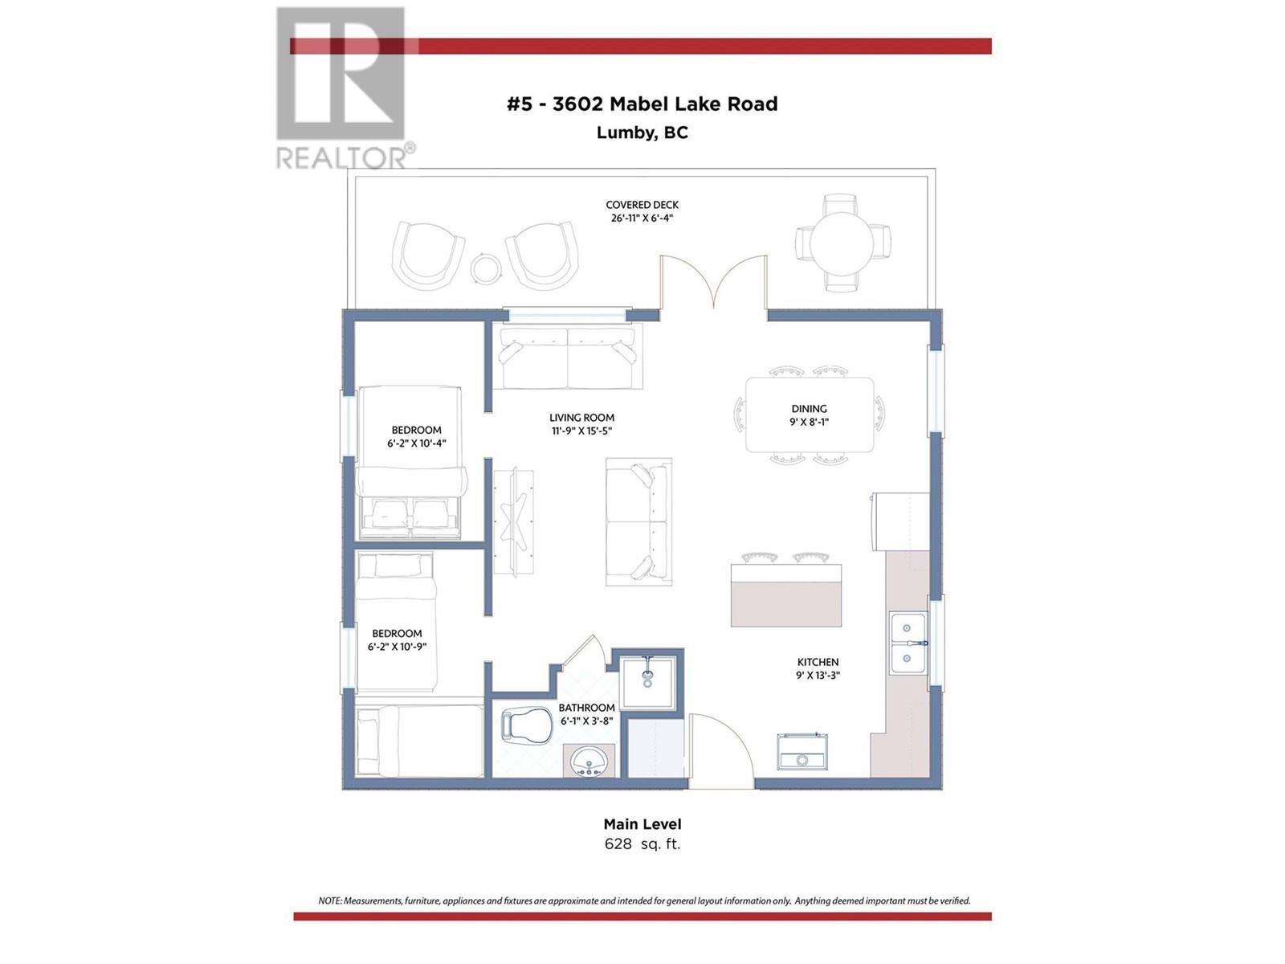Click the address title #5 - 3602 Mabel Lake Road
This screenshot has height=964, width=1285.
tap(642, 104)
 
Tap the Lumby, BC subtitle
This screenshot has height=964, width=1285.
tap(642, 133)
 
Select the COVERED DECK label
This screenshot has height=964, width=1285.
tap(642, 205)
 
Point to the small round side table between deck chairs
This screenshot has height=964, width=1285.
tap(485, 268)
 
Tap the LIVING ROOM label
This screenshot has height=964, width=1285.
tap(581, 418)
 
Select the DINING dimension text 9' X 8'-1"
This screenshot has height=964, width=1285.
tap(809, 422)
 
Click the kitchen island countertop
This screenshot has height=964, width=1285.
tap(785, 595)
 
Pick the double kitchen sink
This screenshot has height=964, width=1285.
tap(908, 643)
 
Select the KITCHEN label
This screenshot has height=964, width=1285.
tap(818, 662)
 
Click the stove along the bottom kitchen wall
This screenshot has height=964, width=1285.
tap(802, 753)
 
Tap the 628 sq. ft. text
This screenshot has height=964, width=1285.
tap(642, 844)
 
